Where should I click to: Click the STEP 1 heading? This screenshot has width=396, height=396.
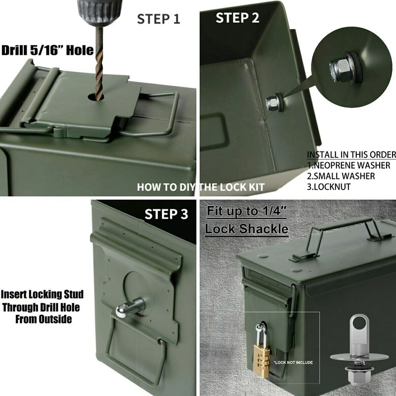click(158, 19)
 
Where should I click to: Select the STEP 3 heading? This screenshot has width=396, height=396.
click(166, 214)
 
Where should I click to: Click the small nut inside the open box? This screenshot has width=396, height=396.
click(272, 103)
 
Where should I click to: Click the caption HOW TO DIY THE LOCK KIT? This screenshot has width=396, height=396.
click(200, 187)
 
